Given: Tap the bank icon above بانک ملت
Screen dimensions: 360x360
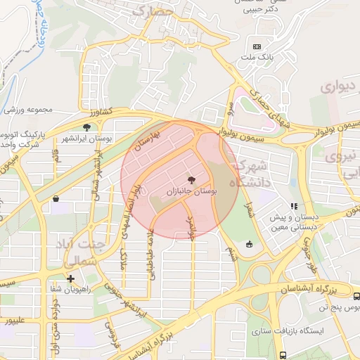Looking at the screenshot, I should pos(256,47).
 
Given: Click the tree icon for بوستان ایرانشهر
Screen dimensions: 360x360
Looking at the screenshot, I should pos(86,127).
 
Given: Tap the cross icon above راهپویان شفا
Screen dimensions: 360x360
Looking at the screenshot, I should pos(70,278).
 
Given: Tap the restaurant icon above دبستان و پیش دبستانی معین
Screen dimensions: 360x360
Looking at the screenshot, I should pos(294,206).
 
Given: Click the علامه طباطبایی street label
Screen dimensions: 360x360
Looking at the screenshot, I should pos(150,255).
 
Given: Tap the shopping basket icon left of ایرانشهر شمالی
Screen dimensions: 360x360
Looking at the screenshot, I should pos(55,199).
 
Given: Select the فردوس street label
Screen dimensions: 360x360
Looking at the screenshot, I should pos(112,333).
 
